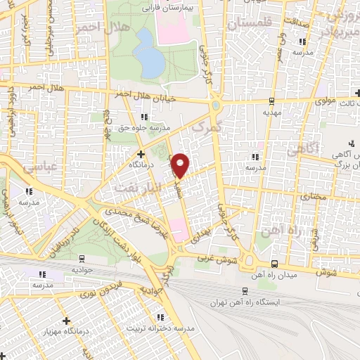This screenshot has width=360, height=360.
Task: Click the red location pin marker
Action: click(x=181, y=165)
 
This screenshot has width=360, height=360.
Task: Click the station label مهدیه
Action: click(x=271, y=112)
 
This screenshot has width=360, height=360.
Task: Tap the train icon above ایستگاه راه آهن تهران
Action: click(x=244, y=290)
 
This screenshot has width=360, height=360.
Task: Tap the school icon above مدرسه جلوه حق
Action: click(x=143, y=117)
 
